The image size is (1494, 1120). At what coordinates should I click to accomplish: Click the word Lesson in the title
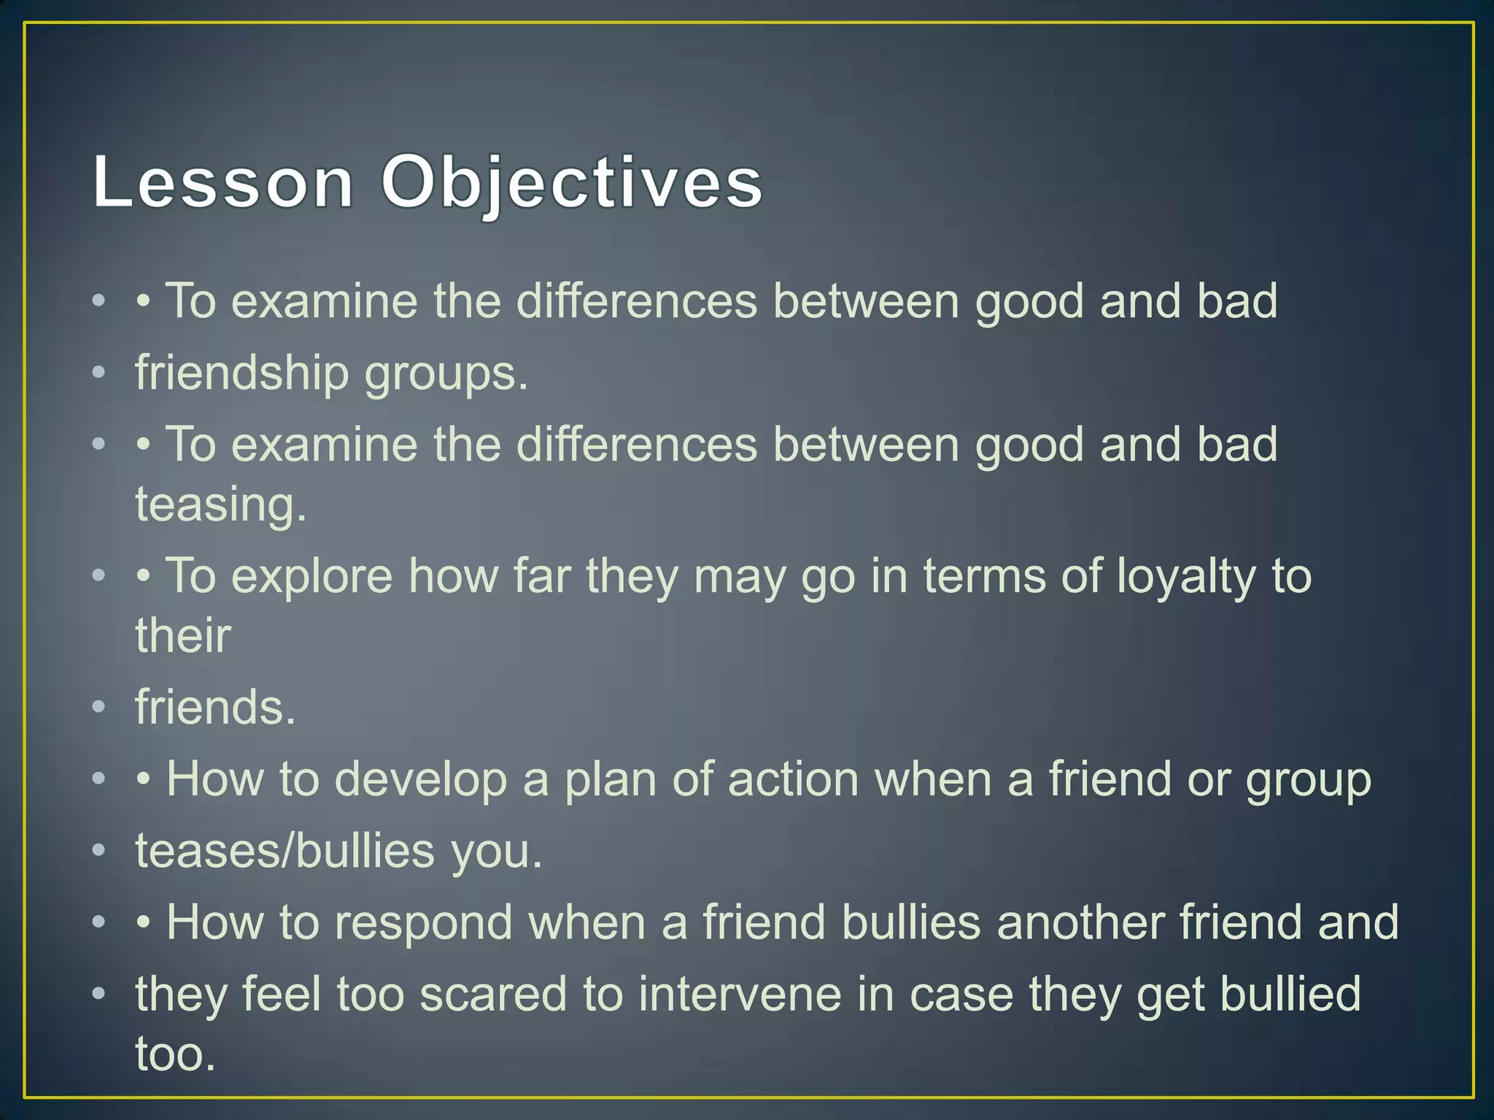point(222,182)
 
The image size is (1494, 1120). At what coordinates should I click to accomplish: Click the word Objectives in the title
point(572,182)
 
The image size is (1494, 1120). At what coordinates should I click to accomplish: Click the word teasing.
point(221,505)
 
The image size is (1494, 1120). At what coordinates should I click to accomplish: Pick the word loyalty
point(1186,577)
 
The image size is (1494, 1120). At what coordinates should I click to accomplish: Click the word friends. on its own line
point(215,707)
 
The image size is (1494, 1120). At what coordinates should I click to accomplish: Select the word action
point(793,779)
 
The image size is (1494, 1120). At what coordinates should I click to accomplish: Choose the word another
point(1080,922)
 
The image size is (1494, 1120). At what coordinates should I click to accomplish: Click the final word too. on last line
point(176,1054)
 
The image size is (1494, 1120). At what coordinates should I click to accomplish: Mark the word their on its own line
point(183,635)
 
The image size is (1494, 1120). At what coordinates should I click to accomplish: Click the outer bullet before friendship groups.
point(99,374)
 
